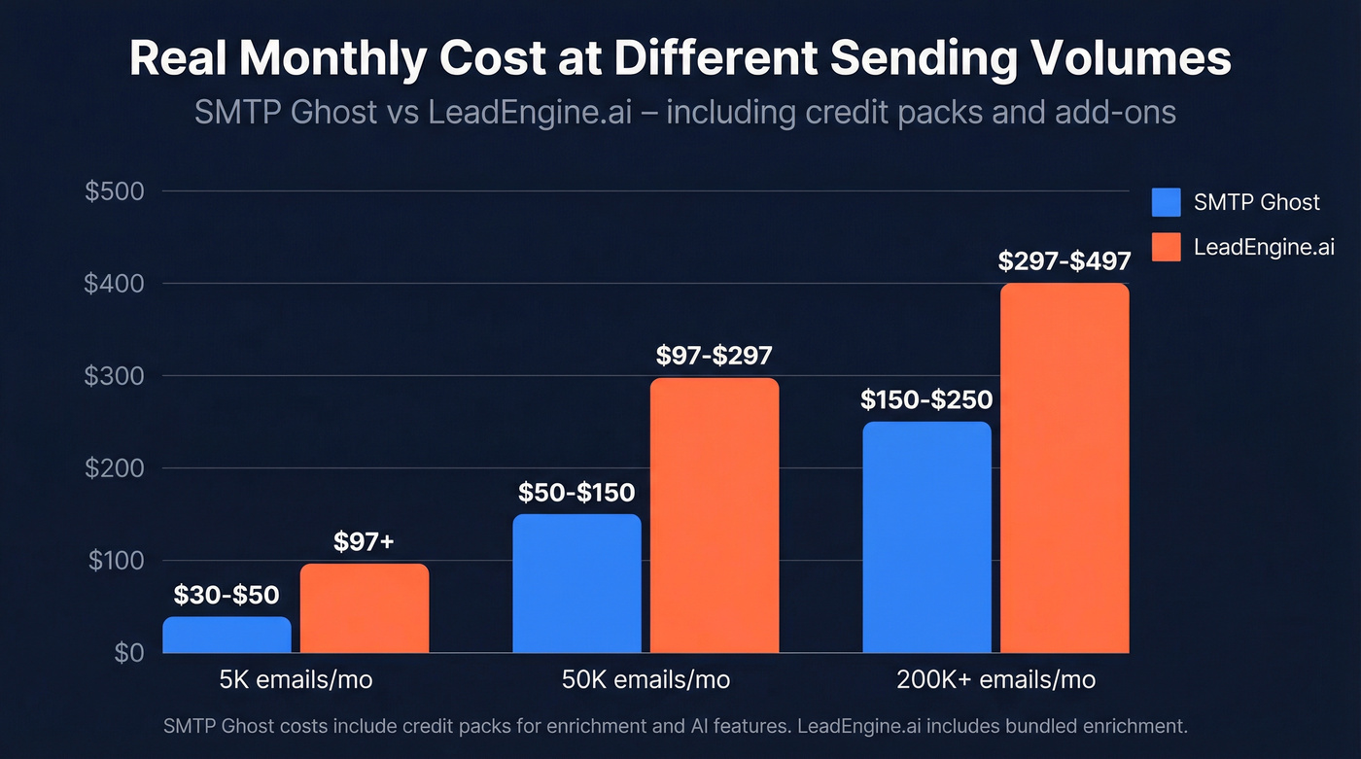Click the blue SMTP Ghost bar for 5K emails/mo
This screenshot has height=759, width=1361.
point(227,635)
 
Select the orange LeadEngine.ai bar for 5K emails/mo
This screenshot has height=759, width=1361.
point(365,608)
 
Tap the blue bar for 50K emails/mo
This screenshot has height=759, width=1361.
point(576,583)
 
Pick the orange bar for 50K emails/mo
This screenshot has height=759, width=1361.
point(715,515)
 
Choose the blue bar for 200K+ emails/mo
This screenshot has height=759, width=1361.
point(926,537)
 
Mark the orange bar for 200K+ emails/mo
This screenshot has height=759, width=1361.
point(1064,468)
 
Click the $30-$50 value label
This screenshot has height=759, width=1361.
point(227,595)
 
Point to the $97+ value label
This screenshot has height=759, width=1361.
point(364,542)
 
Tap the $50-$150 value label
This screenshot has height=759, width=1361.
point(576,492)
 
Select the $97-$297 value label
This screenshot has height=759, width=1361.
point(715,356)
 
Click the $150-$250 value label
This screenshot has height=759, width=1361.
point(926,399)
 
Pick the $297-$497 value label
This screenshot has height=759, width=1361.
point(1064,261)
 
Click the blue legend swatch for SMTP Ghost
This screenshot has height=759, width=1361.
point(1166,202)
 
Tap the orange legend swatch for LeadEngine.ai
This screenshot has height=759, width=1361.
point(1166,247)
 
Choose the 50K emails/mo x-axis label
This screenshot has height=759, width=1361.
point(646,679)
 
